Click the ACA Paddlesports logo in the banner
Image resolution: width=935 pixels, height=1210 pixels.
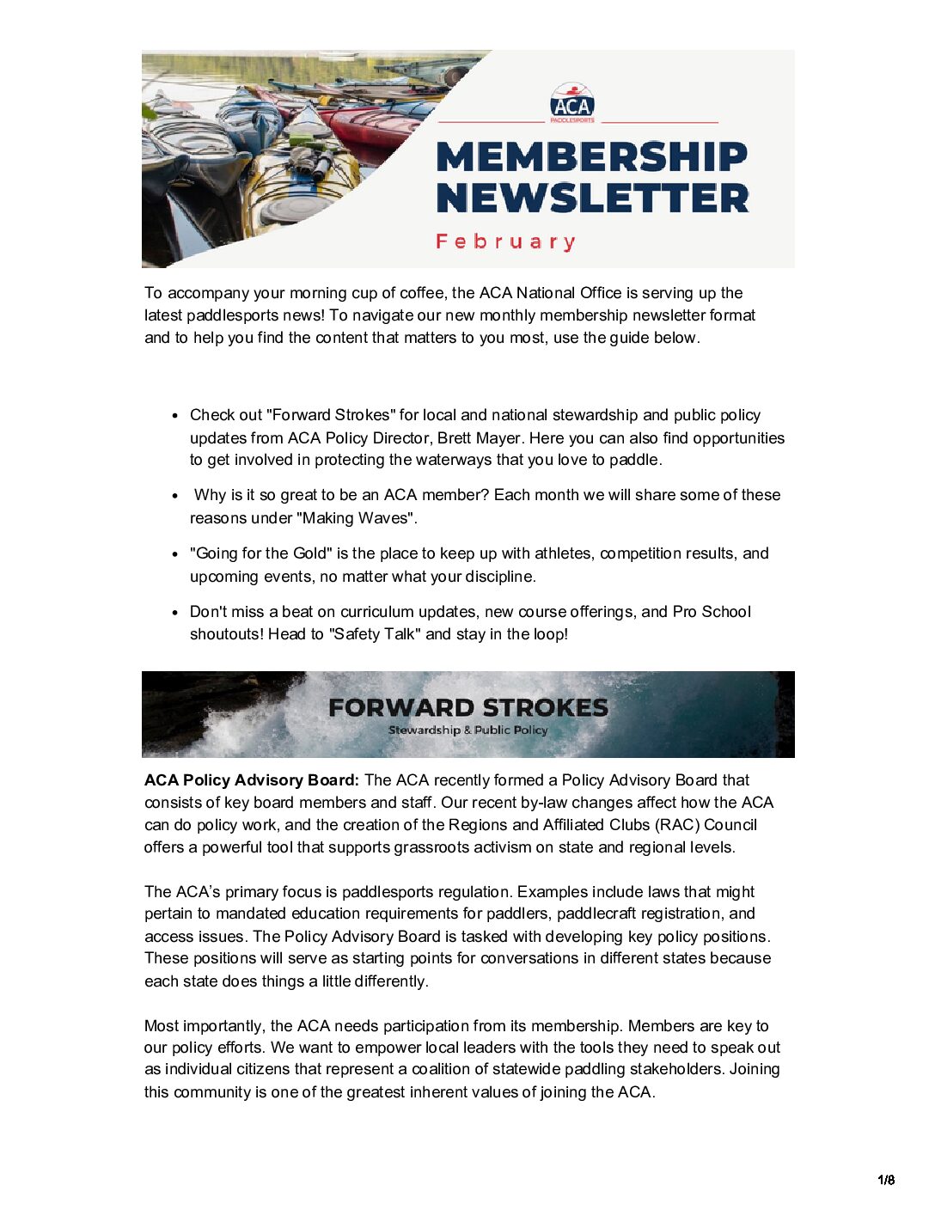click(571, 103)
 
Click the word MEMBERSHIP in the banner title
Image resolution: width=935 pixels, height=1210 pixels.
click(591, 157)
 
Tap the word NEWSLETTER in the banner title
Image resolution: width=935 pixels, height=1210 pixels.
click(592, 198)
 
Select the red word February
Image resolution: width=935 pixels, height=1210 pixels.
click(505, 241)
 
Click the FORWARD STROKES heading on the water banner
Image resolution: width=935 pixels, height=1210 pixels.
click(468, 707)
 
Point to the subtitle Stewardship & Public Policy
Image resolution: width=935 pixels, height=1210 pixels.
click(468, 730)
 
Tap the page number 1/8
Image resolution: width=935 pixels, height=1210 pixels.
click(886, 1180)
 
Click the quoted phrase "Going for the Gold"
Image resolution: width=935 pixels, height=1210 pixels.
click(260, 553)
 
